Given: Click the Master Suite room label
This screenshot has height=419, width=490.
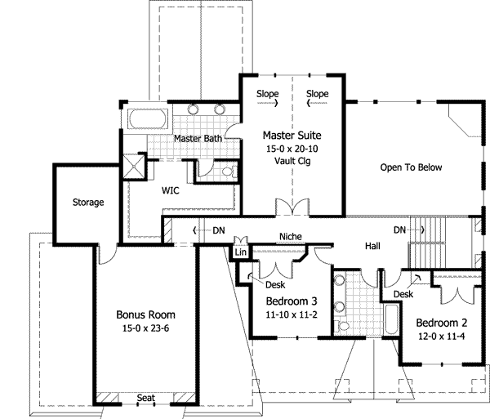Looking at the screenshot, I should pyautogui.click(x=292, y=134).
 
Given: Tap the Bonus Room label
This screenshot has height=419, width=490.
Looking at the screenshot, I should pyautogui.click(x=145, y=314).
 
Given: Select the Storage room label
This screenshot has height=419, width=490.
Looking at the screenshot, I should pyautogui.click(x=87, y=202).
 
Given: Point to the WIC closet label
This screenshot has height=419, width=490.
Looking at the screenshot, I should pyautogui.click(x=171, y=189).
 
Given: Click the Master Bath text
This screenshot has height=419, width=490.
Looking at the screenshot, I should pyautogui.click(x=198, y=140).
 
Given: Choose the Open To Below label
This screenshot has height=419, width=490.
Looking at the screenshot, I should pyautogui.click(x=411, y=167).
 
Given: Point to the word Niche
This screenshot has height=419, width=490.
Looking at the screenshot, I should pyautogui.click(x=291, y=238).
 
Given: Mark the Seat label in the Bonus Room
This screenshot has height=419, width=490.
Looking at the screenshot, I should pyautogui.click(x=145, y=398).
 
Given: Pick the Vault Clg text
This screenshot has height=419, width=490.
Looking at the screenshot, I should pyautogui.click(x=292, y=161).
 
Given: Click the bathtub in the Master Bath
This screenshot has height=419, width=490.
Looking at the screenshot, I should pyautogui.click(x=146, y=120).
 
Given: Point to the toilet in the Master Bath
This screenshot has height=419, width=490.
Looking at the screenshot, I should pyautogui.click(x=228, y=171).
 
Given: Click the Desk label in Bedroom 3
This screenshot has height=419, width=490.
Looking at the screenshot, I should pyautogui.click(x=275, y=284).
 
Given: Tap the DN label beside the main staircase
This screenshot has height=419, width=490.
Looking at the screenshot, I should pyautogui.click(x=400, y=230).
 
